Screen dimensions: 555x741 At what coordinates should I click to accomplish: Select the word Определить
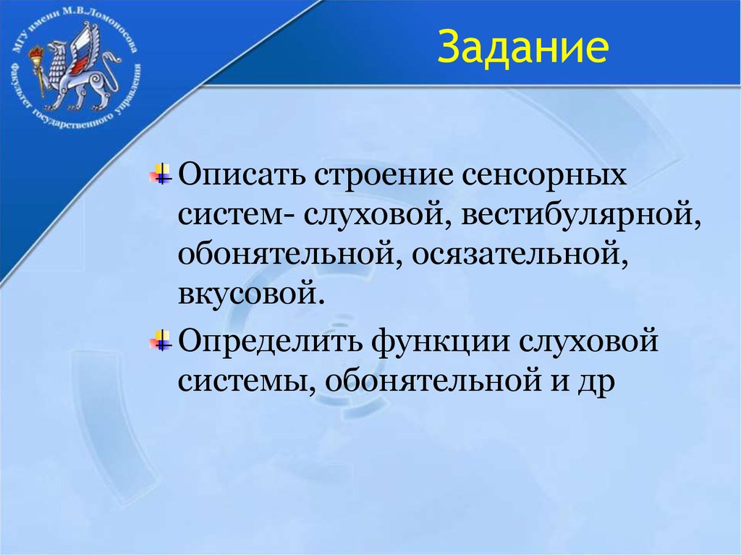[271, 339]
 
